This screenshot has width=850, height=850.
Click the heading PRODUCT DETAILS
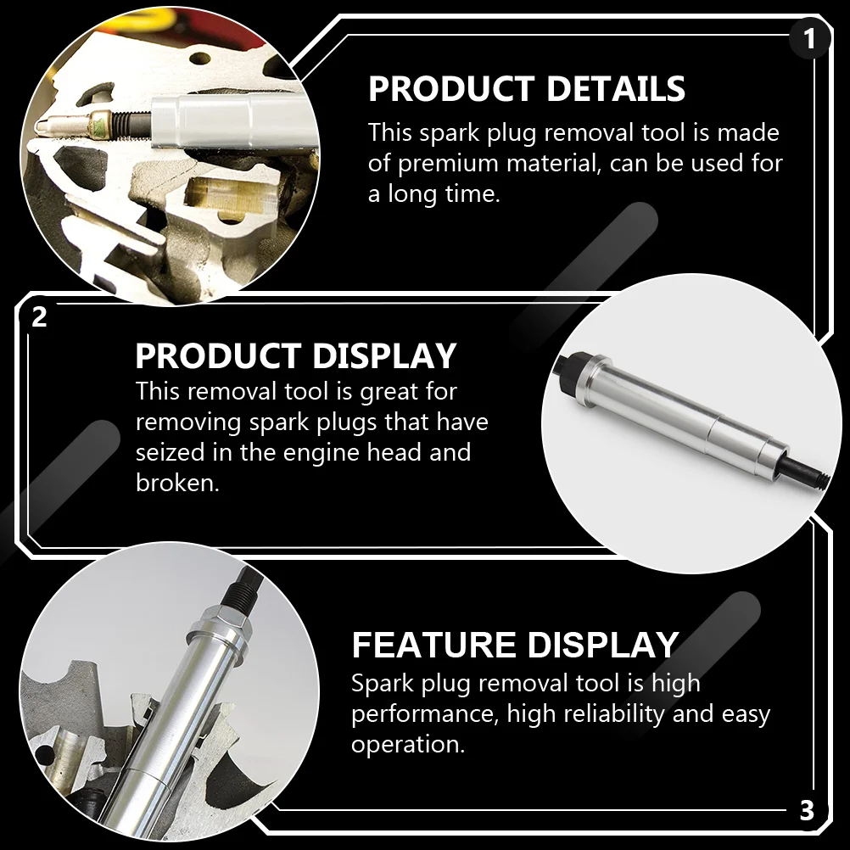[x=526, y=88]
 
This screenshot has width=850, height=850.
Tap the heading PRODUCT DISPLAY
[x=296, y=355]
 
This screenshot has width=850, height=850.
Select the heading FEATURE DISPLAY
[x=515, y=645]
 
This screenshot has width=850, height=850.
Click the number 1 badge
[x=809, y=39]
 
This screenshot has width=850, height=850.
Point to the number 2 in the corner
[x=39, y=316]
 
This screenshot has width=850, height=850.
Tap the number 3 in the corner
[x=807, y=811]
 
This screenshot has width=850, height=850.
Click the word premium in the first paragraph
[x=448, y=164]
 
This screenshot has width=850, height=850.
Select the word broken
[x=177, y=482]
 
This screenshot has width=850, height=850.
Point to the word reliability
[x=613, y=713]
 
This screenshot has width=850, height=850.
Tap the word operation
[x=408, y=745]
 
